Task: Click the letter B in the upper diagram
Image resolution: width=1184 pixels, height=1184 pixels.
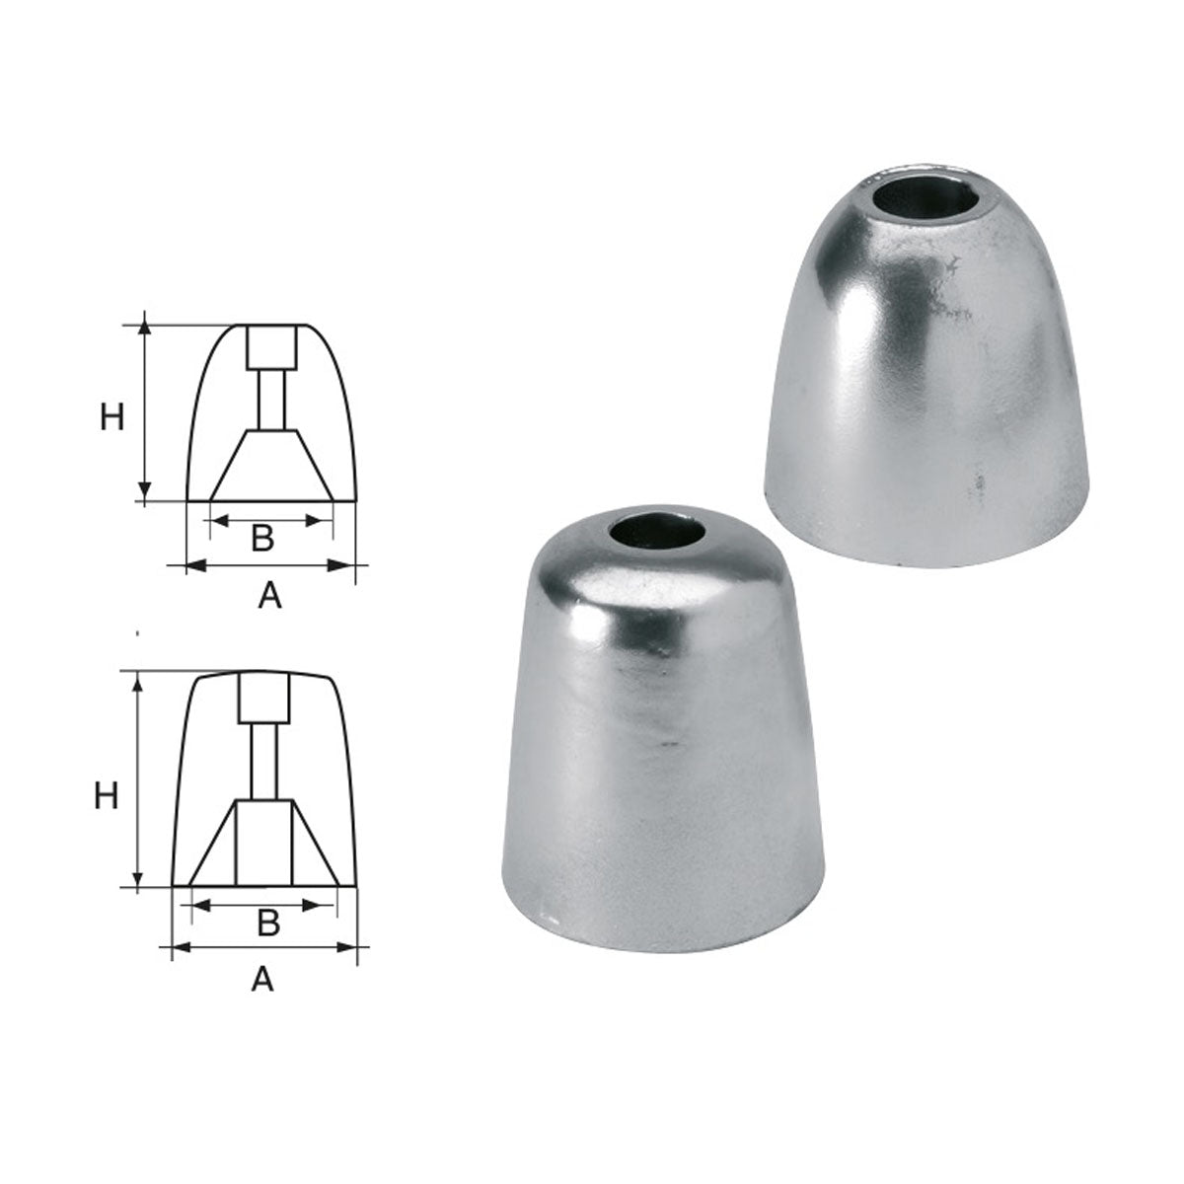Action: pos(261,539)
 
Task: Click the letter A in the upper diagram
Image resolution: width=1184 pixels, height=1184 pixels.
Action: pos(268,595)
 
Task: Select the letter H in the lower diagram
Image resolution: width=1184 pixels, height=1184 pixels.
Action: pos(107,795)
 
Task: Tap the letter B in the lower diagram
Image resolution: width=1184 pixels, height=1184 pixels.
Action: pos(267,922)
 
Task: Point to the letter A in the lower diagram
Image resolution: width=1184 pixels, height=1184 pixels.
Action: pos(262,979)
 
